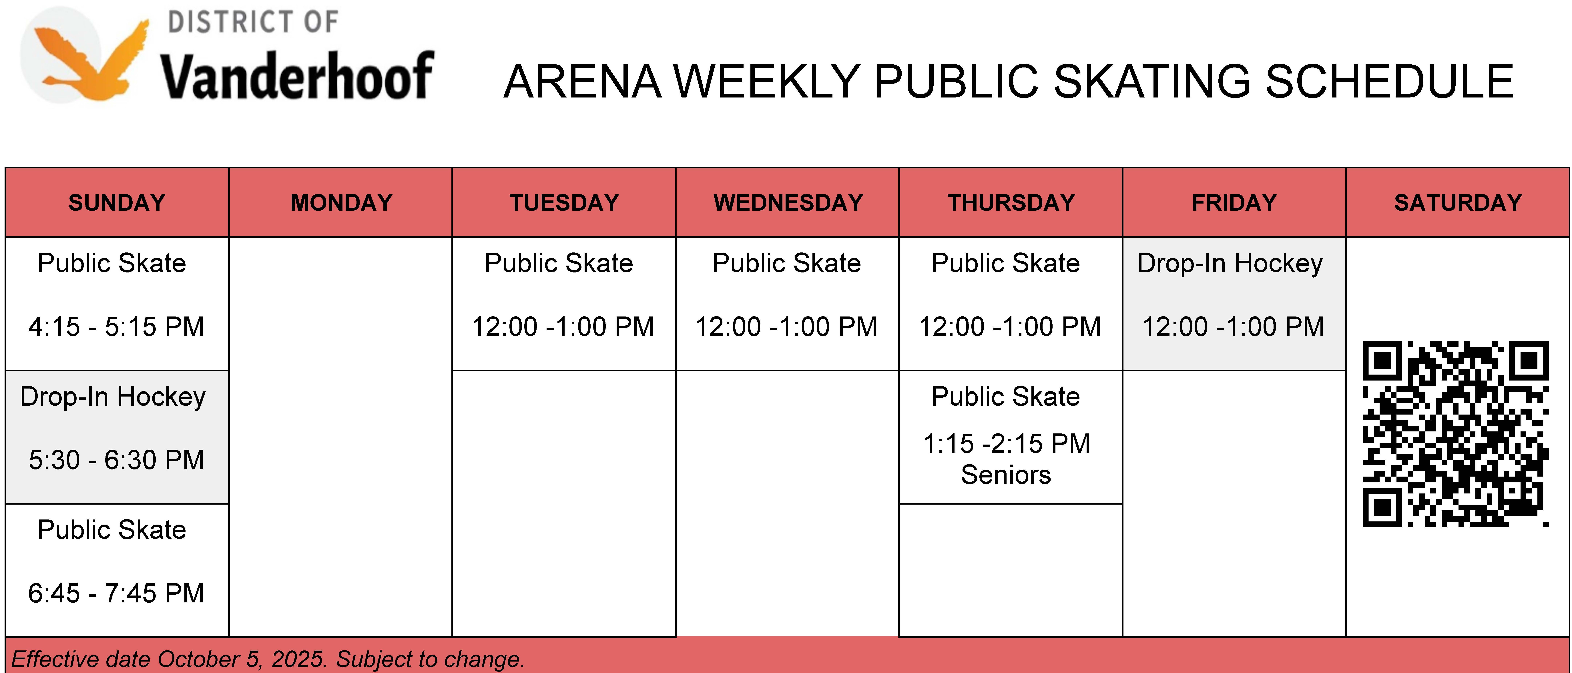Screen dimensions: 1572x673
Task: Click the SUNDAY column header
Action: click(117, 203)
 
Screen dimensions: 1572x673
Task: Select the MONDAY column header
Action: click(341, 203)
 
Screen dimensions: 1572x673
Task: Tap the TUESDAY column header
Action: click(565, 203)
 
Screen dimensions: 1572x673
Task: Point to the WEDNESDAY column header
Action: click(788, 203)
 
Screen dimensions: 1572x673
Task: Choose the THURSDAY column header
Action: click(1011, 203)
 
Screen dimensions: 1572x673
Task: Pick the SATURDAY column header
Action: click(1458, 203)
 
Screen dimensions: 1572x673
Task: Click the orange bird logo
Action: click(85, 56)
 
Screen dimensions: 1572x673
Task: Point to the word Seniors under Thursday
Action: click(1006, 475)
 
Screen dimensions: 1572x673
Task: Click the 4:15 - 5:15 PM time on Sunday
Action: click(116, 326)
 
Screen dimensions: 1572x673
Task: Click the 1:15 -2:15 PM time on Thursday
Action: click(1006, 444)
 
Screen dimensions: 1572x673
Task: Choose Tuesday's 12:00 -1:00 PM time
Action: click(563, 326)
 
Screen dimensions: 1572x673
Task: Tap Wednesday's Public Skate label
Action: click(787, 263)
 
